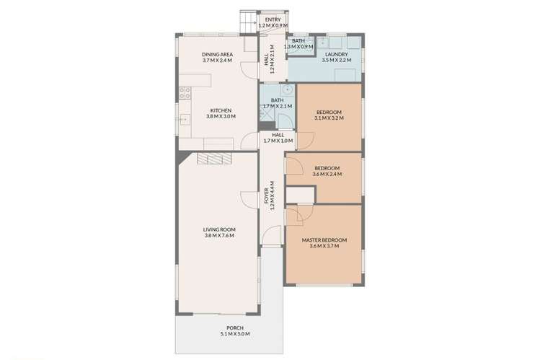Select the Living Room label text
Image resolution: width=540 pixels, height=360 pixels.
(220, 230)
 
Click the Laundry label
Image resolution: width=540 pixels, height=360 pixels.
(337, 54)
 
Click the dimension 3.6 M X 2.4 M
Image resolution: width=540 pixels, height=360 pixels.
(328, 174)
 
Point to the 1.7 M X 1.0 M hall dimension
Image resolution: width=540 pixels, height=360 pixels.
(278, 141)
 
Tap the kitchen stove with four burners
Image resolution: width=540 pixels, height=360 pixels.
(184, 92)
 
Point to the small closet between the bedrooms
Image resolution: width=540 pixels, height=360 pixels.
(301, 195)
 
